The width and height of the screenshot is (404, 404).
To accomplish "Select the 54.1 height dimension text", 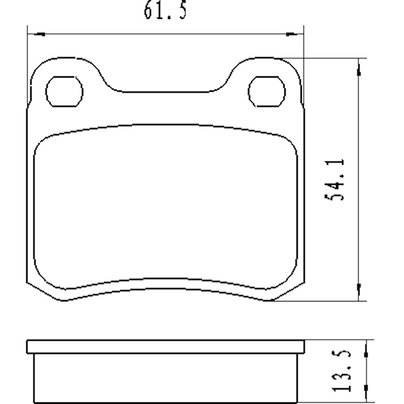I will click(x=335, y=179).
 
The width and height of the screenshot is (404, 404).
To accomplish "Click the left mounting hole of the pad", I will click(x=64, y=92).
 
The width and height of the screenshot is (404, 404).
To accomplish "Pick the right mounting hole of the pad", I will click(x=267, y=92).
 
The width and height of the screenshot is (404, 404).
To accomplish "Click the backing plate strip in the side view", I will click(x=166, y=347).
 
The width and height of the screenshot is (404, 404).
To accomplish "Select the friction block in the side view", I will click(x=166, y=378).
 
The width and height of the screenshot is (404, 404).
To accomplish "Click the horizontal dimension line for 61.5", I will click(x=166, y=34).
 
